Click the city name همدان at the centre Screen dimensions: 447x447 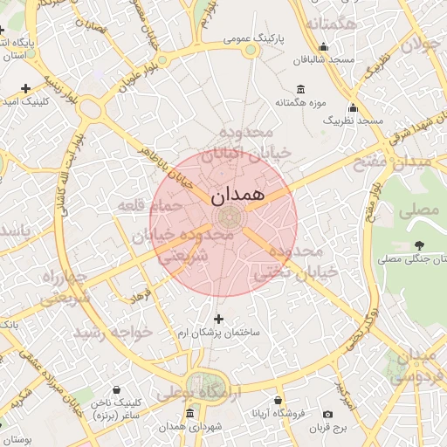(237, 195)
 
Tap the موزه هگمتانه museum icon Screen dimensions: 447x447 (301, 89)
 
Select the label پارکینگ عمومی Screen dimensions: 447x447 (252, 38)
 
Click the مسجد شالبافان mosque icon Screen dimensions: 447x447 (324, 47)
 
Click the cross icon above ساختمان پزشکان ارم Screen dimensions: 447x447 (218, 319)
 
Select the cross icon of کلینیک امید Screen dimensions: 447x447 (25, 88)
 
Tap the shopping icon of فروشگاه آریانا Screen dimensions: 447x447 (279, 401)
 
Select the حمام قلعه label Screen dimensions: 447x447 (152, 204)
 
